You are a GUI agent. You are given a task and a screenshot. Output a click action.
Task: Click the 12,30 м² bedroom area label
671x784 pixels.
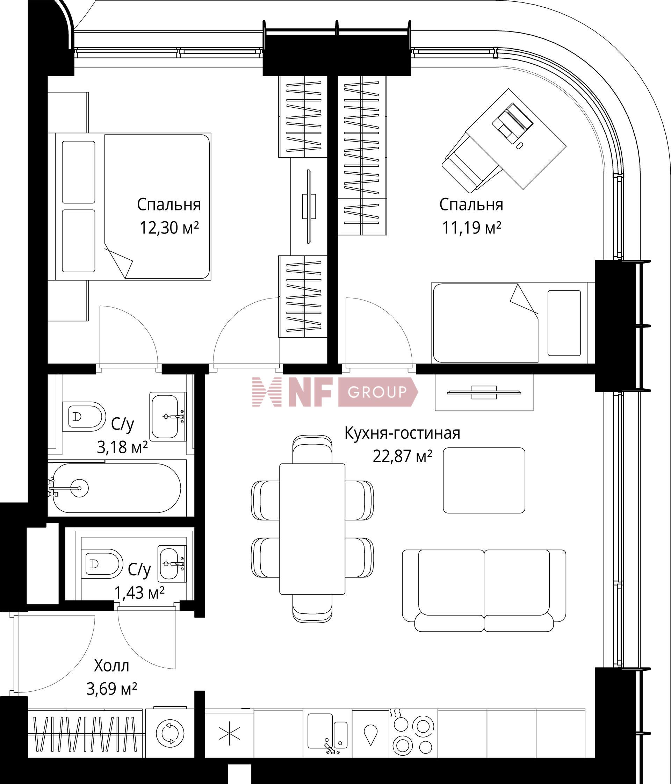[x=169, y=228]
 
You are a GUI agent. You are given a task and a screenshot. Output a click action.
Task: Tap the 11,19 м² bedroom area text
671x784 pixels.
[x=472, y=228]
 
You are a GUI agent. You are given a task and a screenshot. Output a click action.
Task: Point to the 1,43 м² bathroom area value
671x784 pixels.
[x=139, y=593]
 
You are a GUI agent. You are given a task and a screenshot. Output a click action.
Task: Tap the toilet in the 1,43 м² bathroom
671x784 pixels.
[x=102, y=564]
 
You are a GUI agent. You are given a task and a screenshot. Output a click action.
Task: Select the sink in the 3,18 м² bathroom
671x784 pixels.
[x=167, y=417]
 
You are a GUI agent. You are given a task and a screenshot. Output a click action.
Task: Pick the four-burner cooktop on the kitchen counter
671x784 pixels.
[x=413, y=734]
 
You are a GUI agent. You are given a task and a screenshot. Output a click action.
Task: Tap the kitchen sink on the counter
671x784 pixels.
[x=327, y=732]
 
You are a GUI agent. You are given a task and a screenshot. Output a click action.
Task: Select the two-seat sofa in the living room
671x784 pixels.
[x=484, y=591]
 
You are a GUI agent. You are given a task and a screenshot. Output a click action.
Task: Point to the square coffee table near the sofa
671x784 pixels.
[x=484, y=481]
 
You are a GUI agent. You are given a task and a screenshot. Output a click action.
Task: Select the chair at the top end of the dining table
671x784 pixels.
[x=312, y=449]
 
